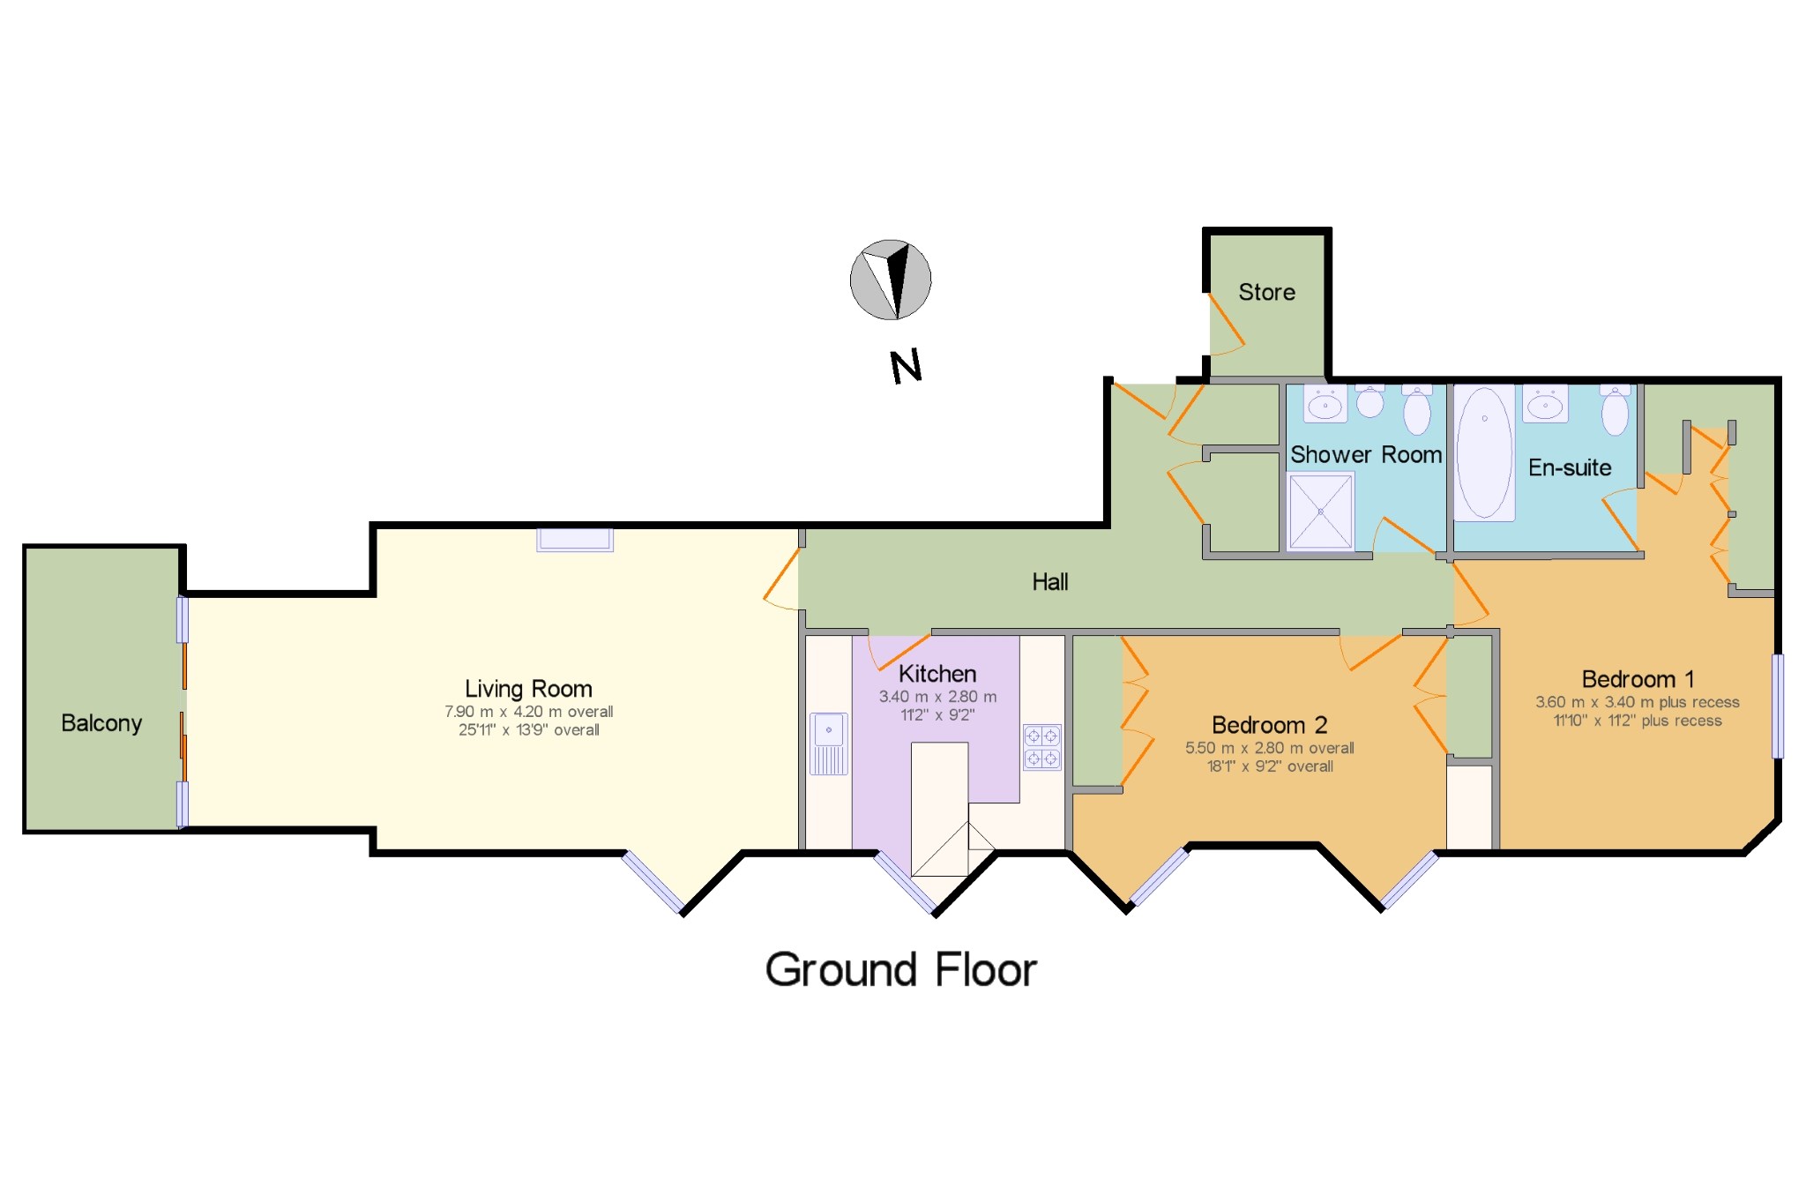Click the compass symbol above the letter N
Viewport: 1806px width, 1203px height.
[891, 280]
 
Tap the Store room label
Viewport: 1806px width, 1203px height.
[1266, 292]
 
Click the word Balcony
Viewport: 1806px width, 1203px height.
[101, 723]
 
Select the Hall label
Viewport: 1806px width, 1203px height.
[1050, 582]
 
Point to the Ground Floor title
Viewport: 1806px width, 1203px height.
[900, 970]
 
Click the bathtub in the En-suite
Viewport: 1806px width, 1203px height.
[1484, 452]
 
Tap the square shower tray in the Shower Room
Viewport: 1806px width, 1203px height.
[1320, 512]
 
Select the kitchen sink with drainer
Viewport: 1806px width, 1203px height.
[829, 743]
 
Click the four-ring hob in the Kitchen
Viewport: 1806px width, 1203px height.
[1041, 747]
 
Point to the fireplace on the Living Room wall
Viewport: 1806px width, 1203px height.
[575, 540]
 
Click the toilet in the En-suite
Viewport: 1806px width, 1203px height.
[1615, 410]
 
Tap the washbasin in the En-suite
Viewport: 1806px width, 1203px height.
[1545, 404]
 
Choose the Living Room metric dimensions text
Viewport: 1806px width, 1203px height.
[528, 712]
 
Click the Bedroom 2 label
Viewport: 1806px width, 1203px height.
[1269, 725]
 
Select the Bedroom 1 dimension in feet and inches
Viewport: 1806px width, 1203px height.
[1638, 721]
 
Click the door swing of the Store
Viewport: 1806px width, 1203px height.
[1226, 323]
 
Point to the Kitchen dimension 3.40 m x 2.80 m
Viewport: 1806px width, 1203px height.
[937, 697]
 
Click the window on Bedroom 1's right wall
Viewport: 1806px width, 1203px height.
[1777, 706]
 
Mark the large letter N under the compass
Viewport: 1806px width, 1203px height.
[906, 366]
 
